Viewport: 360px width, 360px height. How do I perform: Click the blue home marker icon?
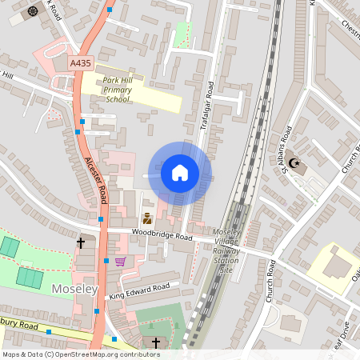(x=180, y=173)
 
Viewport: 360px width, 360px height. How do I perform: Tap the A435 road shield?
(x=80, y=62)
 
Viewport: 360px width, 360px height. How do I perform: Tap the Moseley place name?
(x=74, y=287)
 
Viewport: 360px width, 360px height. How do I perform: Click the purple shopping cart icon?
(x=121, y=262)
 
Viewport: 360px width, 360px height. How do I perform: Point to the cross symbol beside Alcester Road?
(x=81, y=242)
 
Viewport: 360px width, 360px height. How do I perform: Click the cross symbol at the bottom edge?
(x=156, y=342)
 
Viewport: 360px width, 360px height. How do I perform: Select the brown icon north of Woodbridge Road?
(x=147, y=218)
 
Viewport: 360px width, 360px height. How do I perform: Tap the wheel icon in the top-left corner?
(x=33, y=11)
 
